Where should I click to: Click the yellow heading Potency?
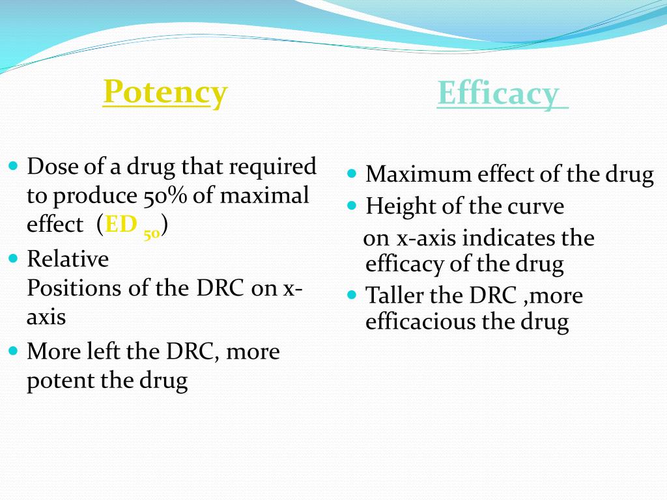(165, 92)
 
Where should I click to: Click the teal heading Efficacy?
(498, 94)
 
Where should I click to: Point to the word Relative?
(68, 259)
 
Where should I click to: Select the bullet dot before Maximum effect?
(352, 174)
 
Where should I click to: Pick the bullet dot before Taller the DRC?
(352, 295)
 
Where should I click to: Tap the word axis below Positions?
(46, 317)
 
